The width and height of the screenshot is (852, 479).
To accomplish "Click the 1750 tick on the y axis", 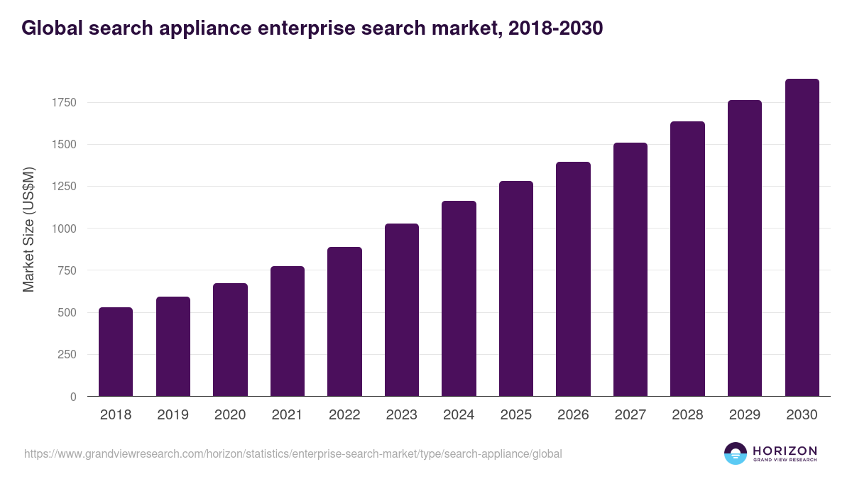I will [63, 103].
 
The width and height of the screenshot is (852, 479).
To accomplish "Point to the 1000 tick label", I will [63, 229].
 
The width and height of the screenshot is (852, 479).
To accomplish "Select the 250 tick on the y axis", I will [66, 355].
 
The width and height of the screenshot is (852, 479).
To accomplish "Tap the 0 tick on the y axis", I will [73, 397].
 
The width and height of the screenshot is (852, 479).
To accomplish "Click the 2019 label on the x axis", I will [173, 415].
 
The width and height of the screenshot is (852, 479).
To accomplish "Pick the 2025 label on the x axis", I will [515, 415].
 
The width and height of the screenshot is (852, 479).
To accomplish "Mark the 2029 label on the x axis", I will [745, 415].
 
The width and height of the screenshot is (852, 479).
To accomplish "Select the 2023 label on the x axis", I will [401, 415].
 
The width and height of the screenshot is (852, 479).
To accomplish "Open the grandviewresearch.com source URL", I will [293, 453].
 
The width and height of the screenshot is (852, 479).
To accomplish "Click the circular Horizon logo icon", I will [736, 453].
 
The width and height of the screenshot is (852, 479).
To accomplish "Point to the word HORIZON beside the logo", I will [785, 450].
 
